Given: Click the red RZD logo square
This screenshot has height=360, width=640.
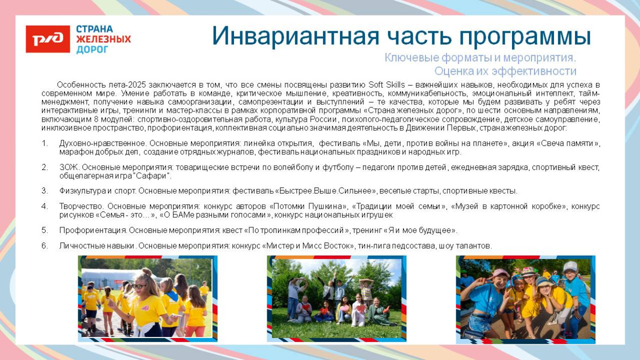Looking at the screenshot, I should [x=48, y=39].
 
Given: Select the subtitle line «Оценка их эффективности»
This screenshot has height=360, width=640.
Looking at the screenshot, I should [x=505, y=71].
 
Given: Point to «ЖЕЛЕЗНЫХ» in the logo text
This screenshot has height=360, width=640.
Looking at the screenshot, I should [x=103, y=39].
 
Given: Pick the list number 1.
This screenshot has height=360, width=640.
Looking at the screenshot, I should [x=45, y=143].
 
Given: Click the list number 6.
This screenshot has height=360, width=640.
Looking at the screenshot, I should [x=45, y=246].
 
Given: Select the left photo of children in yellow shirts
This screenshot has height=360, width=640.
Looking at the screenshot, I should [x=147, y=298].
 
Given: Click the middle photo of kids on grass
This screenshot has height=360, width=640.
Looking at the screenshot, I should [x=336, y=298].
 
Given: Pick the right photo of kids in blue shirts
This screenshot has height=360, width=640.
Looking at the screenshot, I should [x=525, y=299].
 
